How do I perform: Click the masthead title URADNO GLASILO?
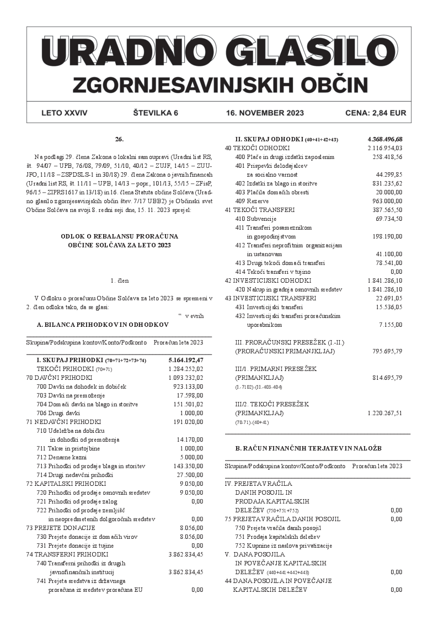(219, 56)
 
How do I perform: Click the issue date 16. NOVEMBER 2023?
(265, 113)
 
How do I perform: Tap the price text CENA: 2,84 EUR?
(375, 113)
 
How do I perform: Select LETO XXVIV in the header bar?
(64, 113)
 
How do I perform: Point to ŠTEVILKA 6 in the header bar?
(156, 113)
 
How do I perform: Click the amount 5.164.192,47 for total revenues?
(185, 360)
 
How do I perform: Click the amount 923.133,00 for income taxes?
(188, 386)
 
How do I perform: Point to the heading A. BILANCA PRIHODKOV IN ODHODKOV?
(102, 325)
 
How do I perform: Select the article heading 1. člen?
(119, 280)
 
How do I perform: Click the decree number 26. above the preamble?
(119, 139)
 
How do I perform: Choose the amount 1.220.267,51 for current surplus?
(384, 413)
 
